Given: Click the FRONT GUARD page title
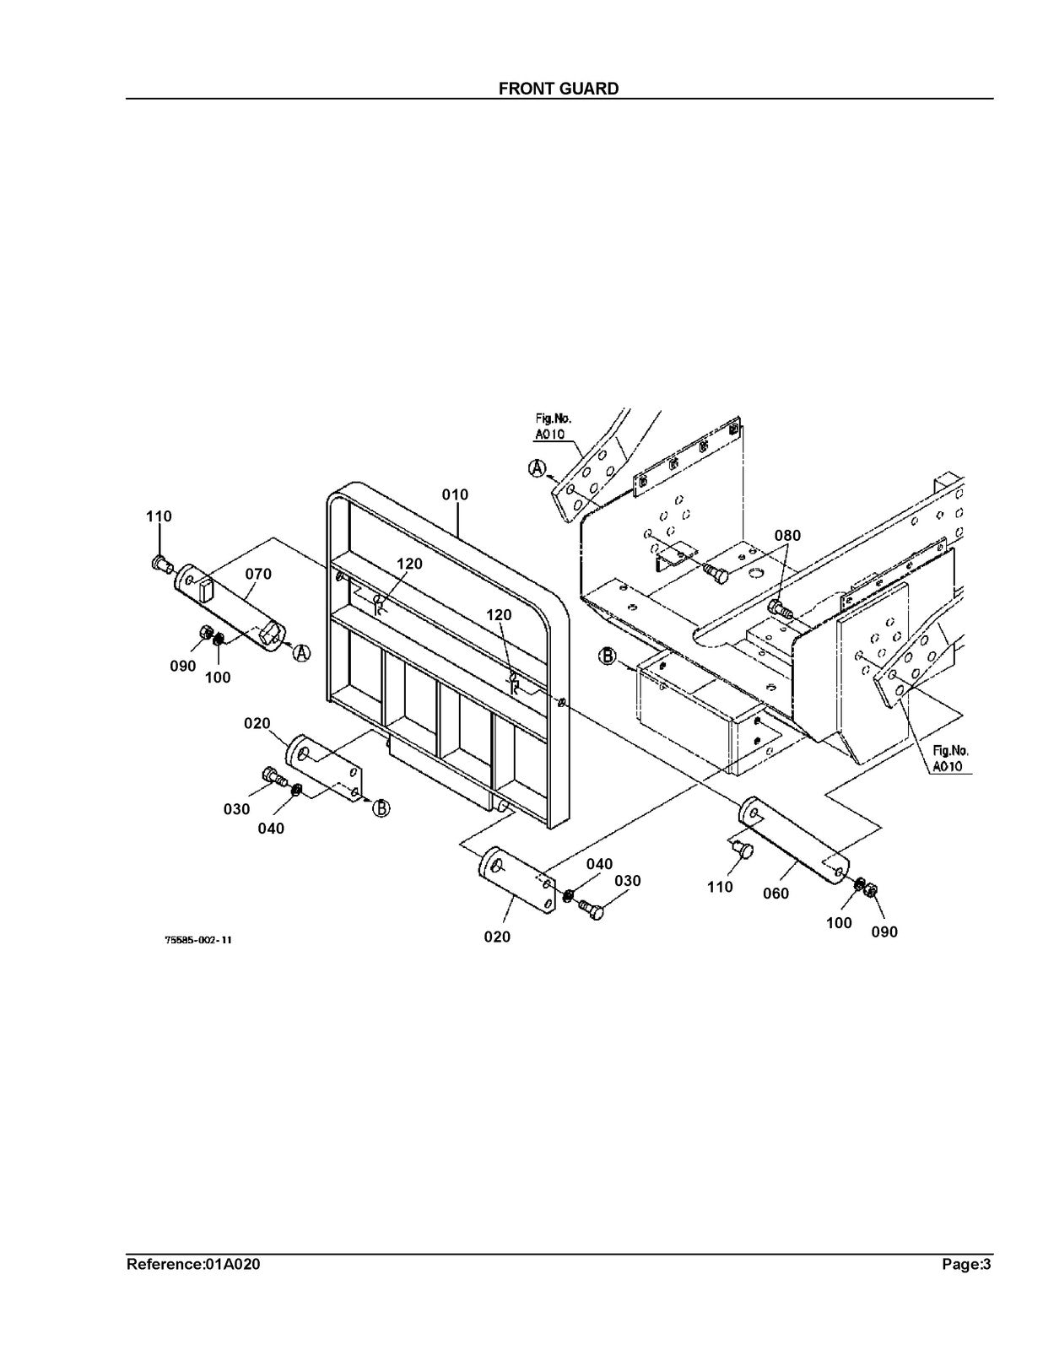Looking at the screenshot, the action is click(559, 89).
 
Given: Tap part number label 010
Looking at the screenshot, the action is click(456, 495).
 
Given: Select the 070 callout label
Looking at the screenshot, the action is click(258, 574).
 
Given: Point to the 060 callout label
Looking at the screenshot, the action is click(775, 894).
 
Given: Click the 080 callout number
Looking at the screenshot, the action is click(787, 536).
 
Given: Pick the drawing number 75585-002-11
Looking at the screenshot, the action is click(198, 940).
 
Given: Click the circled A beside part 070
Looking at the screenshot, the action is click(301, 653).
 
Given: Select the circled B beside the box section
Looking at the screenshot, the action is click(607, 656).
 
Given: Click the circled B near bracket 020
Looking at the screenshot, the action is click(381, 807).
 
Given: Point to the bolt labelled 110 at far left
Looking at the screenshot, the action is click(161, 564).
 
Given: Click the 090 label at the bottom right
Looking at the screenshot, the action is click(884, 931).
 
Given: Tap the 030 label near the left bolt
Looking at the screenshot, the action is click(236, 809).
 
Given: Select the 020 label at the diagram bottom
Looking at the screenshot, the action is click(497, 937).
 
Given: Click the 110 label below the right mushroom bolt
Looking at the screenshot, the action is click(720, 887).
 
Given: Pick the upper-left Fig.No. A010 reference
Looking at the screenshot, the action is click(550, 426).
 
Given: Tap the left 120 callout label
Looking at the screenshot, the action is click(409, 564).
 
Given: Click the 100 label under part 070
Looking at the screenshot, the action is click(218, 678).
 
